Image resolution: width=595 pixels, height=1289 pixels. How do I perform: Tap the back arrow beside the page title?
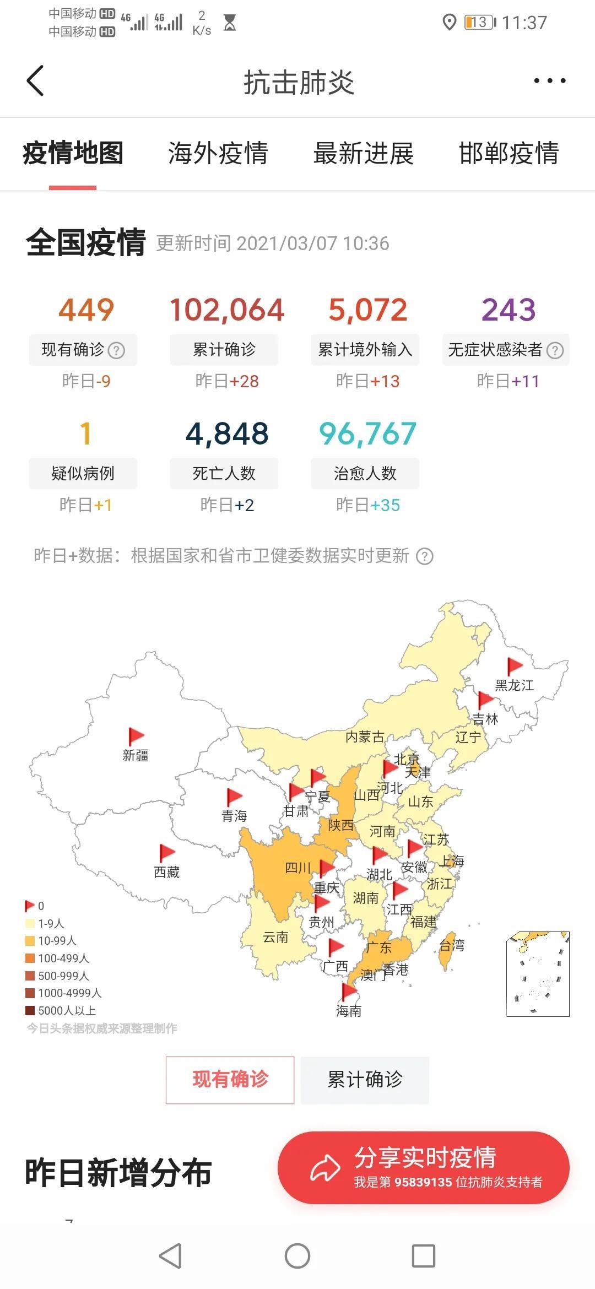tap(35, 81)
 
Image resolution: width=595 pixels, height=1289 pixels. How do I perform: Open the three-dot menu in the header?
tap(549, 81)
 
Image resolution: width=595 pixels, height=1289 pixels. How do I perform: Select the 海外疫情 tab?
tap(218, 154)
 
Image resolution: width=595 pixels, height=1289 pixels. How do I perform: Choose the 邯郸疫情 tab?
tap(509, 154)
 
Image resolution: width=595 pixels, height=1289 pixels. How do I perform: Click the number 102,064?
tap(226, 310)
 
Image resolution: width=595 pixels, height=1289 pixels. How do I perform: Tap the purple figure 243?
tap(508, 310)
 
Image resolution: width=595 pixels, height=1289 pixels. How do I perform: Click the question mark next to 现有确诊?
tap(116, 350)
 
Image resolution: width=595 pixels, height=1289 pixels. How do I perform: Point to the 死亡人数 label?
tap(224, 473)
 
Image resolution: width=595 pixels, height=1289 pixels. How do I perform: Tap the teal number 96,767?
tap(367, 434)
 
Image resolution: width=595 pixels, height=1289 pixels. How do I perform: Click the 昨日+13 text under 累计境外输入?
tap(367, 381)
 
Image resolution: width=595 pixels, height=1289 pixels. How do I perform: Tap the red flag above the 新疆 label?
tap(136, 736)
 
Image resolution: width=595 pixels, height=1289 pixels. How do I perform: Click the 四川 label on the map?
tap(297, 868)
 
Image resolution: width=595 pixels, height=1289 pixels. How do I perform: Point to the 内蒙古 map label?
tap(364, 737)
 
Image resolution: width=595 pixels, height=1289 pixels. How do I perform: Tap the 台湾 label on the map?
tap(452, 946)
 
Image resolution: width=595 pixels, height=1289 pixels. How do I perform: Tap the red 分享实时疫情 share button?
tap(423, 1168)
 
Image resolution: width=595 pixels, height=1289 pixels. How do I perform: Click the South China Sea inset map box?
tap(538, 974)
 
